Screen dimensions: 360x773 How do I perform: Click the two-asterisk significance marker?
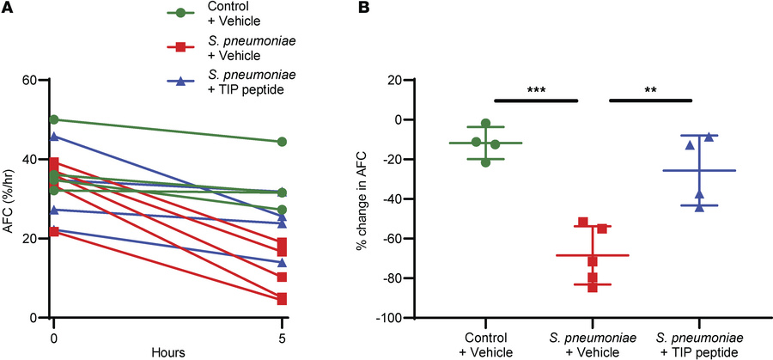point(650,88)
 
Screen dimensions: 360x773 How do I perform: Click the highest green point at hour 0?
point(54,119)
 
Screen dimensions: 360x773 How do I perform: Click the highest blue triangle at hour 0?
point(54,136)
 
